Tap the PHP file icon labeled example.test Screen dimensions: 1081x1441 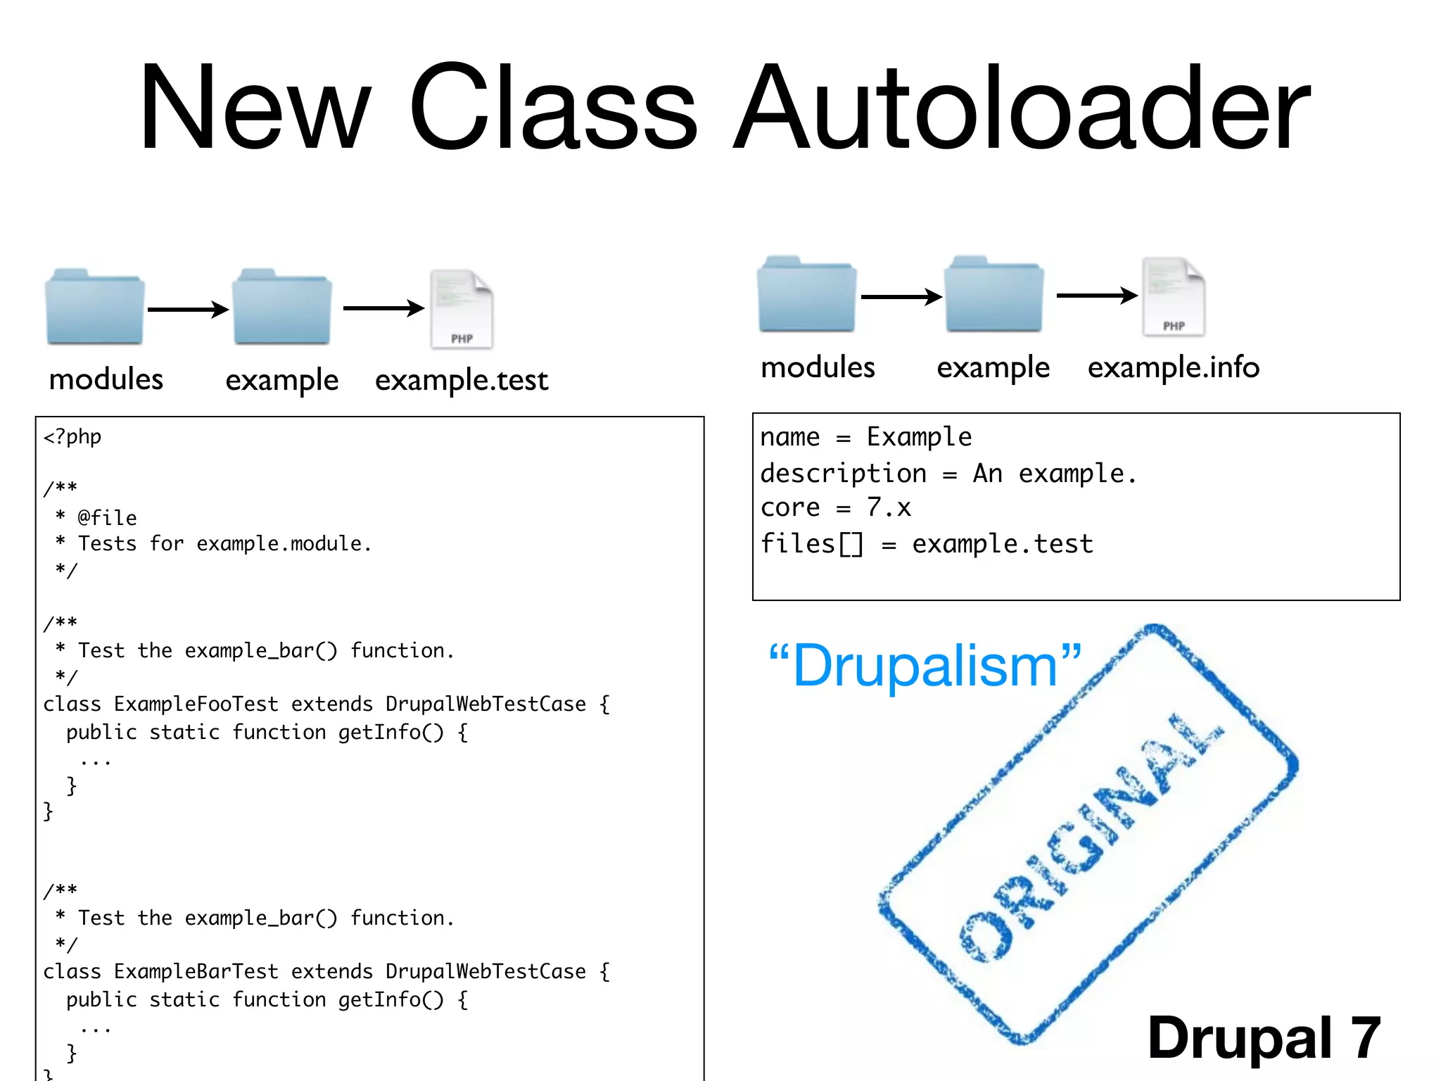click(x=462, y=310)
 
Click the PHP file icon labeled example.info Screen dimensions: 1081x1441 click(x=1173, y=296)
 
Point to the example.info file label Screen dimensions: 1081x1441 click(x=1173, y=367)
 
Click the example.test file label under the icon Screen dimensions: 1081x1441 click(x=462, y=380)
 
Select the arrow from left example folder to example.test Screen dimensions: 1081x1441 click(x=383, y=308)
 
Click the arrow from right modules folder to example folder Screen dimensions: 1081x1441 click(x=901, y=297)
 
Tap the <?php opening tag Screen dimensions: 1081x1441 click(x=72, y=437)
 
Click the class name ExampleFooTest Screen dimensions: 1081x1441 click(x=196, y=704)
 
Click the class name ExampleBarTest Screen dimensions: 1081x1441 click(x=196, y=971)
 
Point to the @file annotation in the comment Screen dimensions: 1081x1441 click(x=107, y=518)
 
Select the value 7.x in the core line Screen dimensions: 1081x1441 click(x=889, y=507)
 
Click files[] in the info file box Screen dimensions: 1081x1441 click(x=811, y=544)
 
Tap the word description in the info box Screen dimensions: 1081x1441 click(x=843, y=474)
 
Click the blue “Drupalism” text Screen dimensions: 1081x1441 click(x=925, y=666)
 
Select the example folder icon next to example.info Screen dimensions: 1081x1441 click(x=994, y=296)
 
